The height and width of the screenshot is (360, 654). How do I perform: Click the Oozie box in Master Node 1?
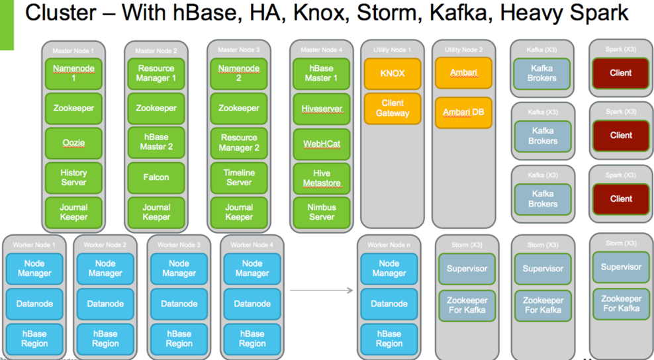(x=73, y=143)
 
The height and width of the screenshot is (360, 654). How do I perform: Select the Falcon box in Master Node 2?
(x=156, y=177)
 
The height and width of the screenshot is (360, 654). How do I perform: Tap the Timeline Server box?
(x=239, y=177)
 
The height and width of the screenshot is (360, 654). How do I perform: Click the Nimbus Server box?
(x=322, y=212)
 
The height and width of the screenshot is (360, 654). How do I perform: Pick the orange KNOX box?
(x=392, y=73)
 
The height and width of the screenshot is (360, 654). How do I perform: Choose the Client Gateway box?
(x=392, y=109)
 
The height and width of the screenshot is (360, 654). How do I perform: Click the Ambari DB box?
(x=463, y=112)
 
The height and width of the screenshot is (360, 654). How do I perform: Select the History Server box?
(x=73, y=177)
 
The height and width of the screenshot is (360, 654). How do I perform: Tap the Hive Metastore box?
(x=322, y=177)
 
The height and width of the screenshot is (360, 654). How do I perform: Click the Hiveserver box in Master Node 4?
(x=322, y=109)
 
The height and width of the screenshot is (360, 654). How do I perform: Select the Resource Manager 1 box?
(x=156, y=73)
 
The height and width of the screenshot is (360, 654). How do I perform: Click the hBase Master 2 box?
(x=156, y=143)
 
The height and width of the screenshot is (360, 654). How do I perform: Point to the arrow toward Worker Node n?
(x=321, y=290)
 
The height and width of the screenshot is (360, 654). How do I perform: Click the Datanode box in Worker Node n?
(x=389, y=304)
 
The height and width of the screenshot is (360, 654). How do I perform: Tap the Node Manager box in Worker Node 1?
(x=34, y=269)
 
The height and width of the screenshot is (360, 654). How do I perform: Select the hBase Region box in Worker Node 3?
(x=179, y=338)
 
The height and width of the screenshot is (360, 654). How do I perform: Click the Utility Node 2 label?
(x=463, y=50)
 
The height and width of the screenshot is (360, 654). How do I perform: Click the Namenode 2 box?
(x=239, y=73)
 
